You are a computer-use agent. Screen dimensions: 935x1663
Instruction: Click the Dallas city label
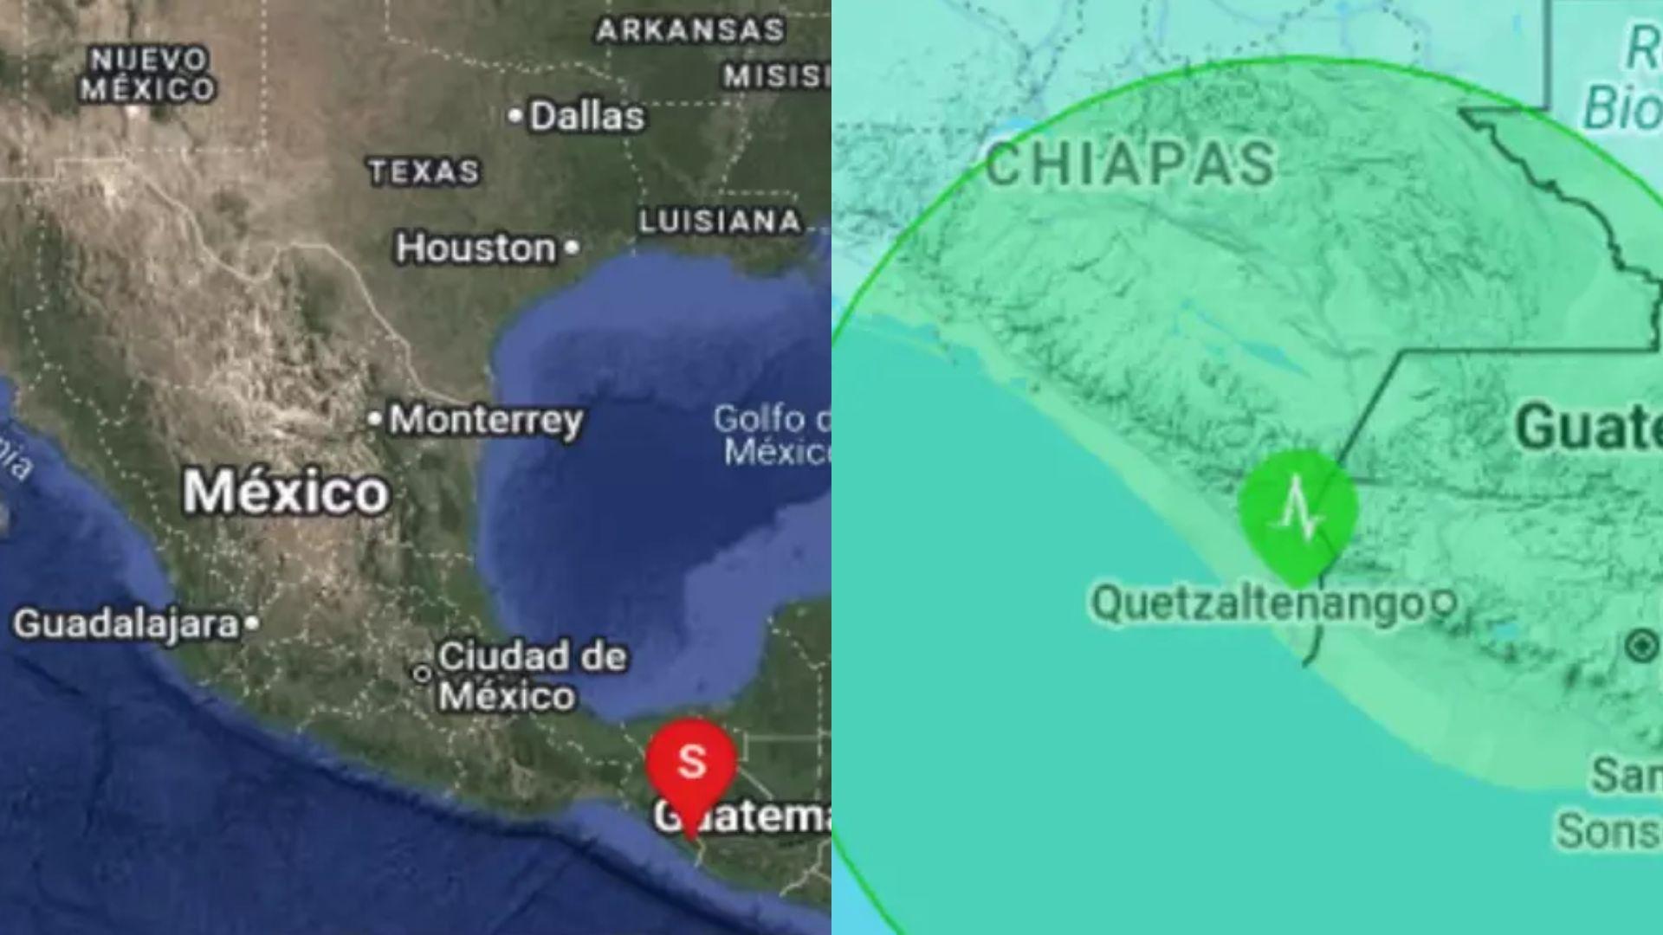tap(586, 116)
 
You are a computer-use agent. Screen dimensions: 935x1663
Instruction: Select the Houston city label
tap(476, 249)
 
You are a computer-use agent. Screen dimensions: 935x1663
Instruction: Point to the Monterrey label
tap(486, 421)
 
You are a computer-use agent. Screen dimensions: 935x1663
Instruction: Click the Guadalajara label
tap(126, 624)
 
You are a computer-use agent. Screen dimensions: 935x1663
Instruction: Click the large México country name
tap(286, 492)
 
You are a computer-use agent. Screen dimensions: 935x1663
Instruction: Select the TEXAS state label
tap(424, 171)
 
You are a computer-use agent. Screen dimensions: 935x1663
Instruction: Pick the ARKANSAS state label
tap(690, 31)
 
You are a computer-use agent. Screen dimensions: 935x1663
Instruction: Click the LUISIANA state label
tap(720, 222)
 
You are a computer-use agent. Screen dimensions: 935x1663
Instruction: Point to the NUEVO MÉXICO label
tap(148, 74)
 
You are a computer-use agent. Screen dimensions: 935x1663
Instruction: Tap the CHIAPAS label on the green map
tap(1130, 164)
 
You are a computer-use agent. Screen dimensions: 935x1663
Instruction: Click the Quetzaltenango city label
tap(1257, 603)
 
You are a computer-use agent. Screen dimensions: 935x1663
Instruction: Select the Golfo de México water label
tap(771, 435)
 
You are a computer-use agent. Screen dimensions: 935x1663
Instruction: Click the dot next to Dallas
tap(515, 115)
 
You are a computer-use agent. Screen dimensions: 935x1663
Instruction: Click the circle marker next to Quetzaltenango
tap(1443, 603)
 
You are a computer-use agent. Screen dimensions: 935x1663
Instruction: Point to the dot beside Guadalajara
tap(251, 622)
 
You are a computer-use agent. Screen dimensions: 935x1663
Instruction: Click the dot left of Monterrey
tap(374, 420)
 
